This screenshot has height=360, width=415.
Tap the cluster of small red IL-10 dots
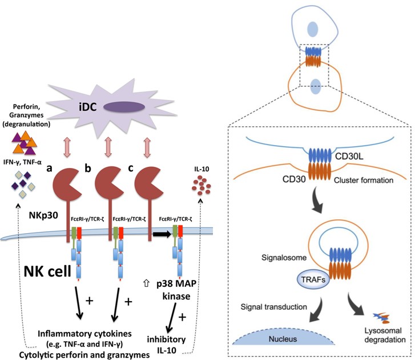pos(200,186)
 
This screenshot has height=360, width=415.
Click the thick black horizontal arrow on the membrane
pos(162,234)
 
